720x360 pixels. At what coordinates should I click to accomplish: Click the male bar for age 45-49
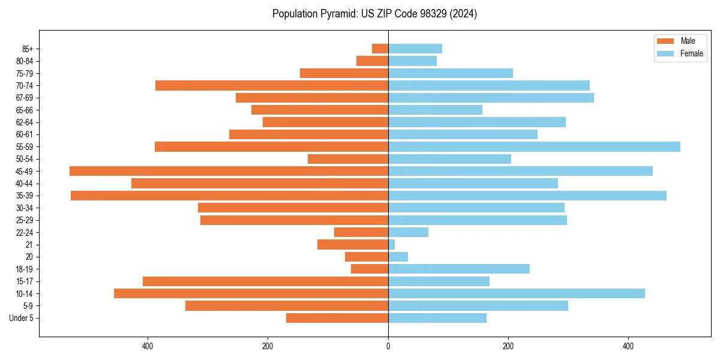click(229, 171)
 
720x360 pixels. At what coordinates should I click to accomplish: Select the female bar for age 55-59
click(534, 146)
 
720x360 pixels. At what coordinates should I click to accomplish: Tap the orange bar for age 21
click(353, 244)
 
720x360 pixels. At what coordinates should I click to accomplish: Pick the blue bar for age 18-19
click(459, 269)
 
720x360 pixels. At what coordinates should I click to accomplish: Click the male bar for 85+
click(380, 49)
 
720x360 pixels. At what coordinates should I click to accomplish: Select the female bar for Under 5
click(437, 318)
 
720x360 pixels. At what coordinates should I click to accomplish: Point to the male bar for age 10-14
click(251, 293)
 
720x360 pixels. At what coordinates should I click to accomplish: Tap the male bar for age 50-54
click(348, 159)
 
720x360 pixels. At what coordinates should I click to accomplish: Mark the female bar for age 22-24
click(408, 232)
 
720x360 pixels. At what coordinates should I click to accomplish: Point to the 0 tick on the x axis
click(388, 346)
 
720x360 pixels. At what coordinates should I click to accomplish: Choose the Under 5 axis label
click(21, 318)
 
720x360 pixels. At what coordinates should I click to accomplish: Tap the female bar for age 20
click(398, 257)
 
